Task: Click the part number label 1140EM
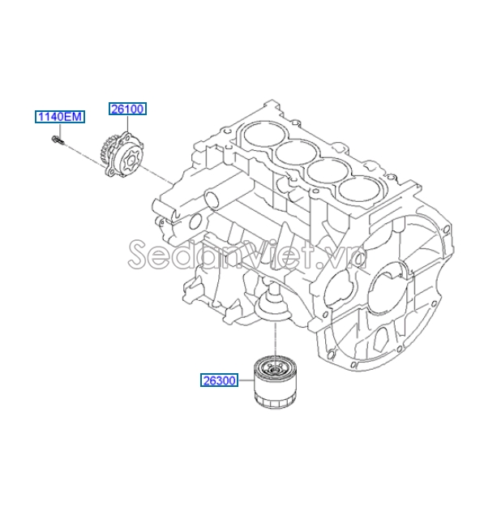(58, 118)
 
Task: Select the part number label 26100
(128, 108)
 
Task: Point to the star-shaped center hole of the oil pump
(125, 153)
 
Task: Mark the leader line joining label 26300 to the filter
(247, 380)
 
